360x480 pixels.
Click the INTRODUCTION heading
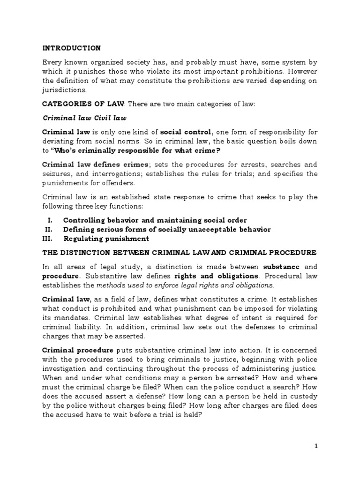tap(71, 48)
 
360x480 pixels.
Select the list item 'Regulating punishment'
tap(106, 239)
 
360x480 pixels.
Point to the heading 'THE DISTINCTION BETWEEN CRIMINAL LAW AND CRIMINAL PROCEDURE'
tap(180, 252)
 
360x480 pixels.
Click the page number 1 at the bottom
tap(316, 446)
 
